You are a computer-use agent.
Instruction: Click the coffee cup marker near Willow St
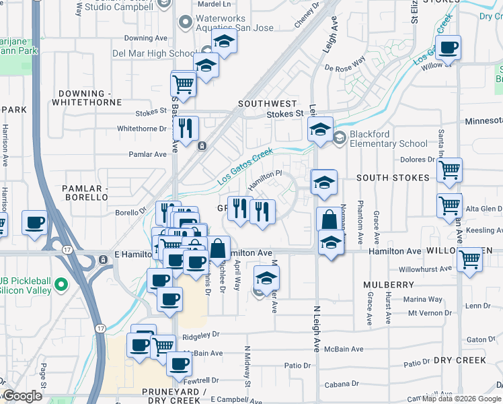(x=448, y=48)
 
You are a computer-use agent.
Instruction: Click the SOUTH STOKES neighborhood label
(x=393, y=178)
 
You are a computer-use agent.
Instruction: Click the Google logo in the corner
(x=22, y=396)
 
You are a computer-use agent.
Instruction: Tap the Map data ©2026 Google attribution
(x=461, y=399)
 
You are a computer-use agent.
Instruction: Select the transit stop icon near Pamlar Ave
(x=202, y=145)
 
